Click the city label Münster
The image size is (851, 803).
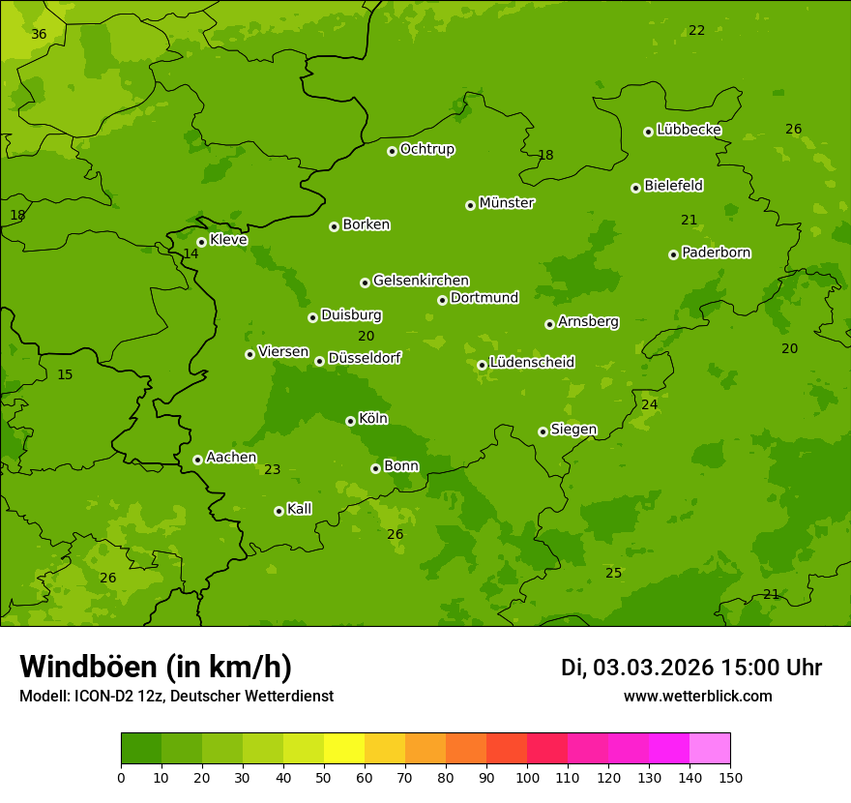pyautogui.click(x=507, y=203)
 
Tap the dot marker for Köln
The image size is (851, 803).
pyautogui.click(x=350, y=421)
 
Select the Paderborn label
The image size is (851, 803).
pyautogui.click(x=717, y=253)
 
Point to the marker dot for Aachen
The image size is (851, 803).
pyautogui.click(x=197, y=460)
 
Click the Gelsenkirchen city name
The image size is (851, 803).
pyautogui.click(x=421, y=281)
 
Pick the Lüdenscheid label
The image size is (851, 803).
pyautogui.click(x=532, y=363)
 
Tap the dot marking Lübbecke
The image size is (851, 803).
pyautogui.click(x=648, y=132)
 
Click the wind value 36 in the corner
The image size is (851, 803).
pyautogui.click(x=39, y=34)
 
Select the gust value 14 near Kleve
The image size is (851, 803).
pyautogui.click(x=191, y=254)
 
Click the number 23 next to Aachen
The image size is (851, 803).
pyautogui.click(x=273, y=470)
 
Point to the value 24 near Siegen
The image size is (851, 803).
pyautogui.click(x=649, y=404)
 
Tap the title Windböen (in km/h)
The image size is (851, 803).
pyautogui.click(x=155, y=667)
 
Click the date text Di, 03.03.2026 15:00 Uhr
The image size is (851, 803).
pyautogui.click(x=691, y=668)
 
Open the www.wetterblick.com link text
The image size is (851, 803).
pyautogui.click(x=697, y=697)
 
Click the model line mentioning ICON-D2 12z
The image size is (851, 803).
pyautogui.click(x=176, y=697)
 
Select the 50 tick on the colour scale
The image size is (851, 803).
pyautogui.click(x=324, y=777)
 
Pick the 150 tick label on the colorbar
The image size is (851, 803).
pyautogui.click(x=730, y=777)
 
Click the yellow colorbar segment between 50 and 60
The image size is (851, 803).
pyautogui.click(x=344, y=749)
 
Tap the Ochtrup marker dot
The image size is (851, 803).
pyautogui.click(x=392, y=151)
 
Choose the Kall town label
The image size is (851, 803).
pyautogui.click(x=300, y=509)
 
